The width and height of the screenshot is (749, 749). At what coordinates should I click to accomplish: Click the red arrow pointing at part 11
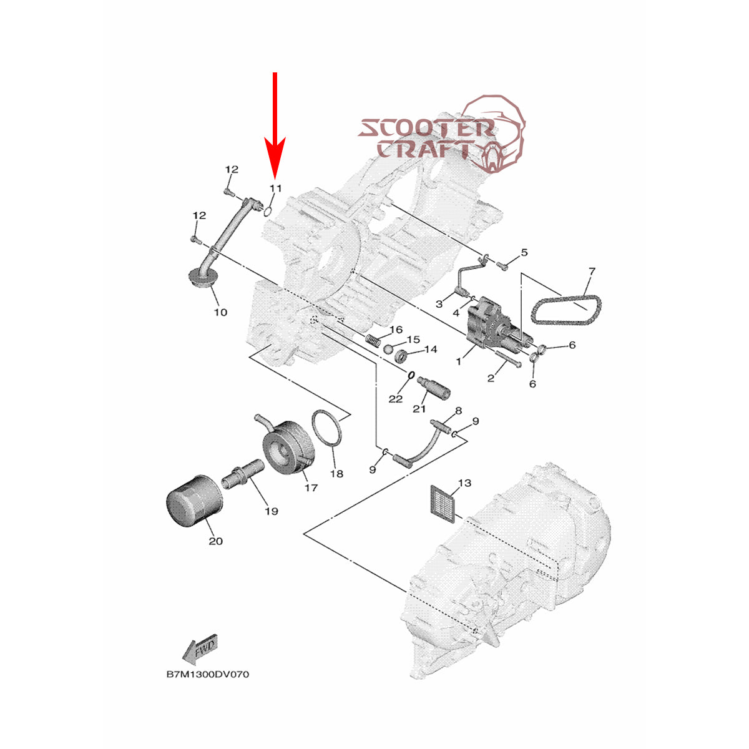(275, 125)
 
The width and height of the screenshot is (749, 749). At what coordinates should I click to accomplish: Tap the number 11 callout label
(276, 188)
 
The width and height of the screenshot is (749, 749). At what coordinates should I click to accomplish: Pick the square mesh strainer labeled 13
(445, 501)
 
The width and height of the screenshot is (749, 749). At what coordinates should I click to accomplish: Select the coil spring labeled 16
(373, 342)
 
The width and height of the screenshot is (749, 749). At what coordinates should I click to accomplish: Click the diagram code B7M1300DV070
(207, 675)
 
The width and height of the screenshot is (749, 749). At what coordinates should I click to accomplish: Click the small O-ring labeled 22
(411, 376)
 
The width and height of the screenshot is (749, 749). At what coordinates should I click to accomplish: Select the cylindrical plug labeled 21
(435, 388)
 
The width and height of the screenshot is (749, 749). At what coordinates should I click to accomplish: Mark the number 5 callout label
(524, 253)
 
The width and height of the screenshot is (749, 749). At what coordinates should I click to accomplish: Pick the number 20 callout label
(215, 541)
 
